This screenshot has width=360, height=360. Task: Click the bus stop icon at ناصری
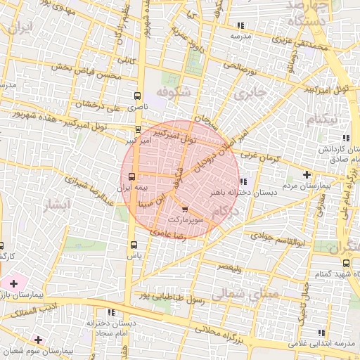(x=136, y=95)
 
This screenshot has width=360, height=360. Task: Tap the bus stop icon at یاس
(x=134, y=245)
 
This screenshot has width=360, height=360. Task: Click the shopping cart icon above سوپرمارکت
(x=185, y=210)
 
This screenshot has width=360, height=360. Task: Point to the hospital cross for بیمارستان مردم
(x=307, y=174)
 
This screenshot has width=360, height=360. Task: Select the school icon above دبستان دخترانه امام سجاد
(x=111, y=311)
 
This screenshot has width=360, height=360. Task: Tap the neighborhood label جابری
(x=250, y=92)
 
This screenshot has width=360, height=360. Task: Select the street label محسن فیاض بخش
(x=83, y=70)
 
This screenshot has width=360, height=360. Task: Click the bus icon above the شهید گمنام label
(x=346, y=262)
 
